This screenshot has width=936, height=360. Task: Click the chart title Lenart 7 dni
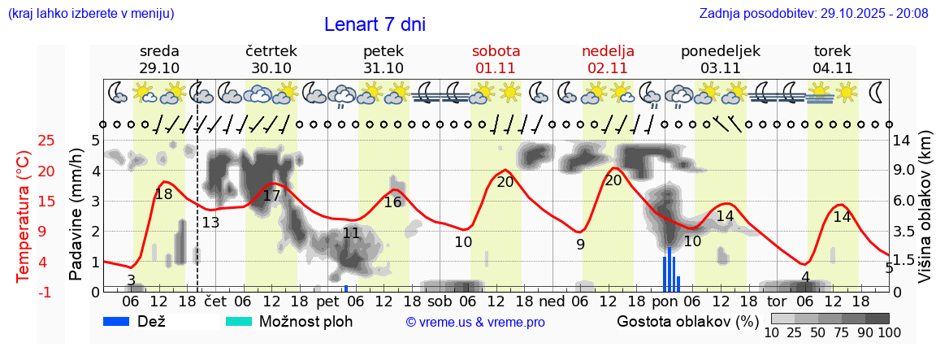coord(375,24)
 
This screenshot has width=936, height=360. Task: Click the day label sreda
coord(159,51)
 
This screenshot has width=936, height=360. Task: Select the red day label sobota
coord(496,51)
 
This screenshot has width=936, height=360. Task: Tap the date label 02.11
coord(608,68)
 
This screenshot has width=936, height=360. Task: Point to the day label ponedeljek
coord(720,51)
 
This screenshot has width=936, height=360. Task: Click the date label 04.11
coord(832,68)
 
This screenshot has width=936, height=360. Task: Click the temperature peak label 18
coord(163,194)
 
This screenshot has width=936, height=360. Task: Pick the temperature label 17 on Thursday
coord(271,196)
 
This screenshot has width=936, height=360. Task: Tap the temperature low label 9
coord(580,245)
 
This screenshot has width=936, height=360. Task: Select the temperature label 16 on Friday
coord(392,202)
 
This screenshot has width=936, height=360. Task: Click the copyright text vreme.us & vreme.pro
coord(475,322)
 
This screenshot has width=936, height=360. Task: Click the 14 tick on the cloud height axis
coord(902,141)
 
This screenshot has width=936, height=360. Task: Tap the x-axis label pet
coord(327,301)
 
